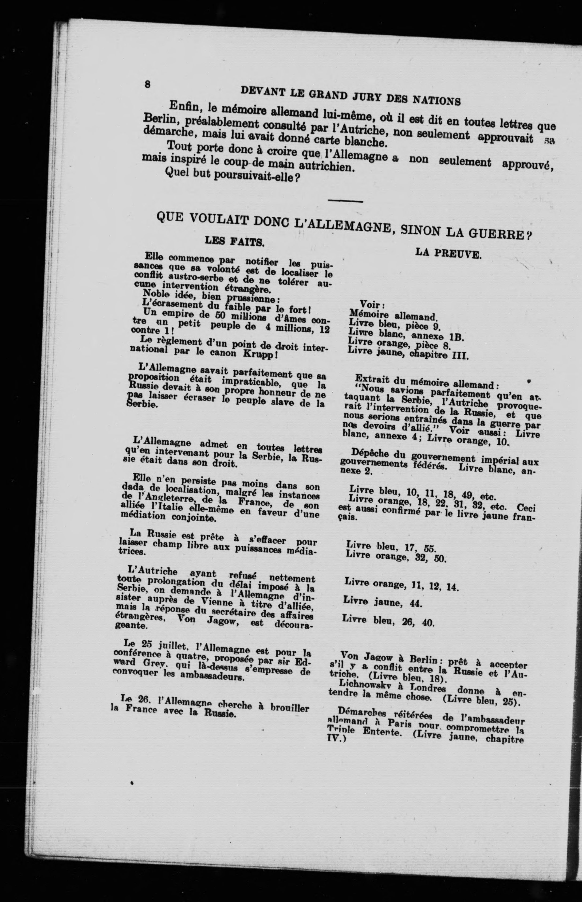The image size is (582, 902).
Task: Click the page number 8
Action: click(x=147, y=84)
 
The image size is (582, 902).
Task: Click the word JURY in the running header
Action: click(x=367, y=96)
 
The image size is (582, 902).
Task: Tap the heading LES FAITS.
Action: click(x=234, y=241)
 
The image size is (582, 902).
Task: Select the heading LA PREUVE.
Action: click(x=448, y=253)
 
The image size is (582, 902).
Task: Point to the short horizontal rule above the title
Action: click(x=345, y=201)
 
